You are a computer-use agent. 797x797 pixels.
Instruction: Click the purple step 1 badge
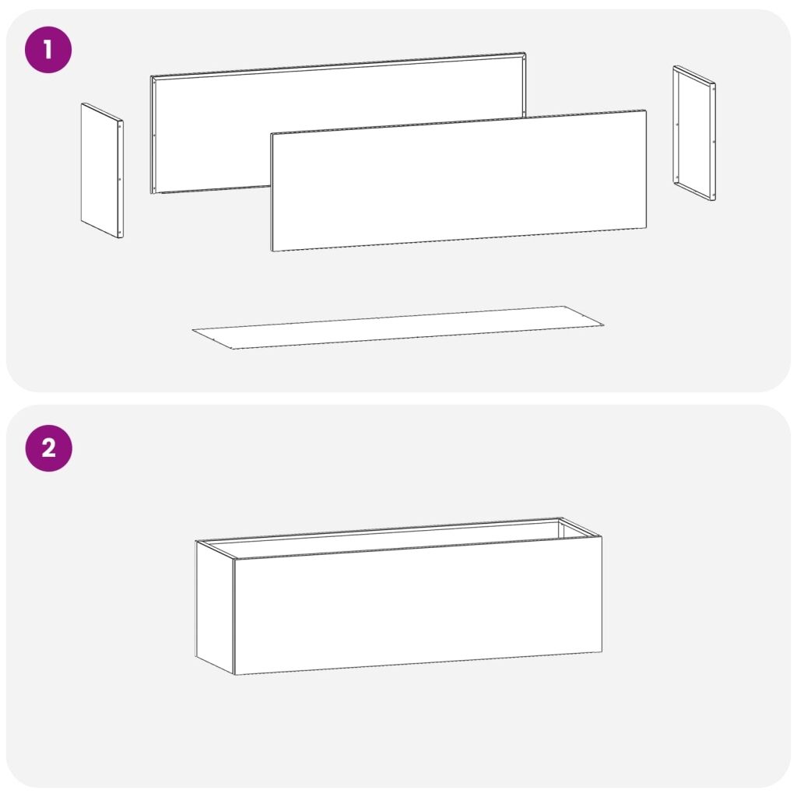[48, 50]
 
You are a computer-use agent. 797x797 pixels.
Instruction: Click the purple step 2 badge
[49, 448]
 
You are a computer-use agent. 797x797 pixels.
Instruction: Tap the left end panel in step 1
[102, 170]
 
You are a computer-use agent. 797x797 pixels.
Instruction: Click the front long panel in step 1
[459, 181]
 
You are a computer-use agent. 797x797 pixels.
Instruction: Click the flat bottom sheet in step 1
[398, 328]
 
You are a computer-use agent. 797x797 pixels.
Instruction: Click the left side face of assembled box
[215, 607]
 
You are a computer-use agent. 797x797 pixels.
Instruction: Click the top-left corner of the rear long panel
[151, 77]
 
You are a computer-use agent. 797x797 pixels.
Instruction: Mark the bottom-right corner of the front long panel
[647, 228]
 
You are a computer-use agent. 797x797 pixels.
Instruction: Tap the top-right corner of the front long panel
[647, 110]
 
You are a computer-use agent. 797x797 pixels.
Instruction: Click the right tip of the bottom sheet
[604, 325]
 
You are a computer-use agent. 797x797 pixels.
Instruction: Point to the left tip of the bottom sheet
[193, 330]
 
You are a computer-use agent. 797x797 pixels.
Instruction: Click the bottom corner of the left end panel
[121, 237]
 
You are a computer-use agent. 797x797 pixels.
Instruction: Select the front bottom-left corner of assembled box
[234, 675]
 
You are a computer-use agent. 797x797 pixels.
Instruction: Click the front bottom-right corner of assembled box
[602, 651]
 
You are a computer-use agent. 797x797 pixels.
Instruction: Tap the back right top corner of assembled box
[560, 518]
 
